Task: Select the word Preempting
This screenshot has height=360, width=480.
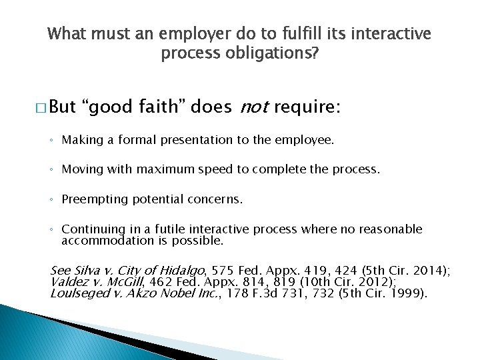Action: pos(92,199)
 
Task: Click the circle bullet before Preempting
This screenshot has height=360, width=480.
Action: pos(52,199)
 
